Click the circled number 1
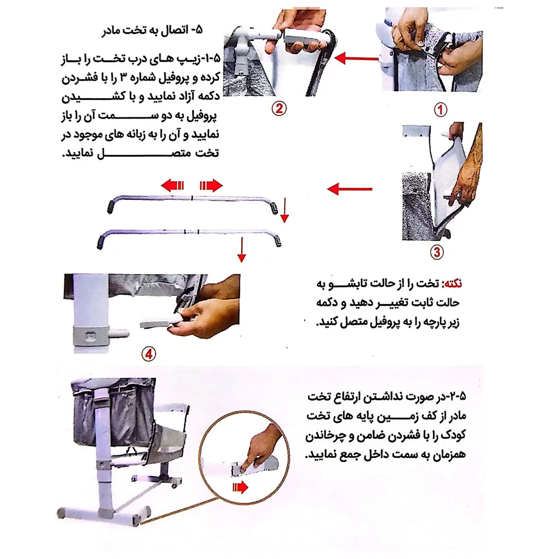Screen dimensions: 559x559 pyautogui.click(x=440, y=109)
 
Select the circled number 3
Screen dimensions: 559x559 pyautogui.click(x=437, y=252)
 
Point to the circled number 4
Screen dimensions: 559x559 pyautogui.click(x=148, y=354)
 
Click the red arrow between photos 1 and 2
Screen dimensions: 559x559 pyautogui.click(x=356, y=57)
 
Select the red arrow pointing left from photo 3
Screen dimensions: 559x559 pyautogui.click(x=349, y=189)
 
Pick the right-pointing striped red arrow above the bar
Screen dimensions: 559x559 pyautogui.click(x=211, y=186)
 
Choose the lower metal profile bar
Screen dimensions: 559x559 pyautogui.click(x=189, y=232)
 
